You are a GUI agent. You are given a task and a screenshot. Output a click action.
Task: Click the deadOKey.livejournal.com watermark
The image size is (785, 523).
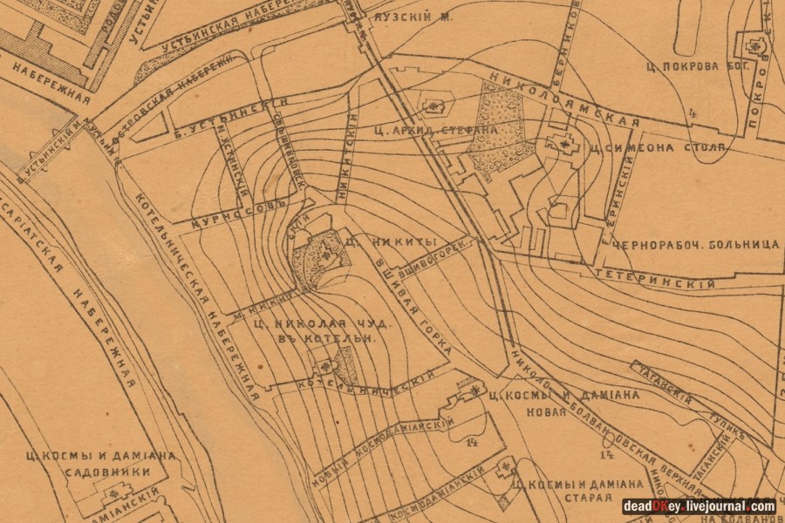coord(699,506)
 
